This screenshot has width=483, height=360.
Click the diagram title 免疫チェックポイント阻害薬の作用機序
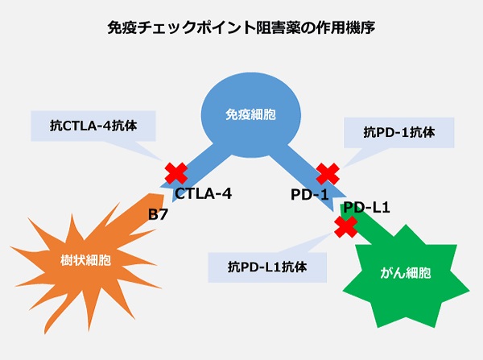tap(241, 27)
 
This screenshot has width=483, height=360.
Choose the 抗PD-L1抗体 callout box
tap(266, 265)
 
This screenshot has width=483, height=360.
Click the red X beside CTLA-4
tap(175, 173)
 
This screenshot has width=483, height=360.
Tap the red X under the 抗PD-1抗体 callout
tap(327, 173)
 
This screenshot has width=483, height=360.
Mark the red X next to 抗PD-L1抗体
tap(345, 229)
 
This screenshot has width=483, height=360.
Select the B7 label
tap(158, 214)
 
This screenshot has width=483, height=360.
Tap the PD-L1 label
tap(366, 209)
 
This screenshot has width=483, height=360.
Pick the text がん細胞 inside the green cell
tap(405, 273)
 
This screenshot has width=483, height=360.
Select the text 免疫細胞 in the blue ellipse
tap(250, 114)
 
